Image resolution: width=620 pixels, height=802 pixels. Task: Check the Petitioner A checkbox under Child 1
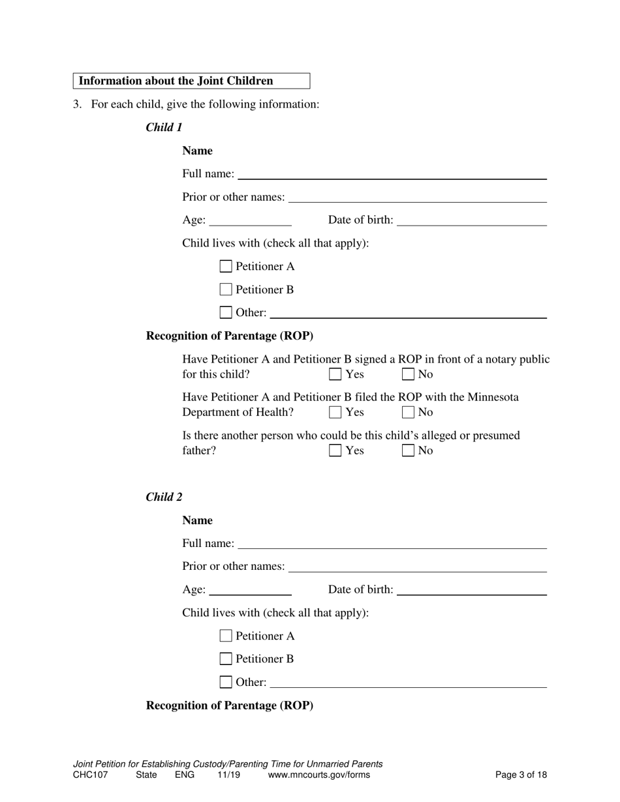coord(226,266)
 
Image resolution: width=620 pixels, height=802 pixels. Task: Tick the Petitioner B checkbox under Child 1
coord(226,290)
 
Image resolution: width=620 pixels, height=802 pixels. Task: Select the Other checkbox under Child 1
coord(226,312)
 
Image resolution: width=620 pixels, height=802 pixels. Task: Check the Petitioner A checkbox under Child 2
coord(226,636)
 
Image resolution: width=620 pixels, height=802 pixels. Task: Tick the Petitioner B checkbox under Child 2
coord(226,659)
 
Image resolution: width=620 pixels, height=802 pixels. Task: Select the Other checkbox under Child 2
coord(226,682)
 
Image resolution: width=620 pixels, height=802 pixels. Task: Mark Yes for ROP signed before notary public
coord(335,374)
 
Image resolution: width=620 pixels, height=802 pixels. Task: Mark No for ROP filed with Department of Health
coord(409,412)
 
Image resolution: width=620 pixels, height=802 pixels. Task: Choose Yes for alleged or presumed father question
coord(335,451)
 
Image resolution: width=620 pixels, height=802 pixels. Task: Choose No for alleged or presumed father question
coord(409,451)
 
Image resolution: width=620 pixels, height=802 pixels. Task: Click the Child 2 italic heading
coord(164,497)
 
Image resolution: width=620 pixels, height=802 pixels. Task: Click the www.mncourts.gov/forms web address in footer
coord(318,775)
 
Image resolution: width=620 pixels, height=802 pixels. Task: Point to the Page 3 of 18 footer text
coord(521,775)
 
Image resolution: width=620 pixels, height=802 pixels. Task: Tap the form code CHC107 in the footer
coord(91,775)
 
